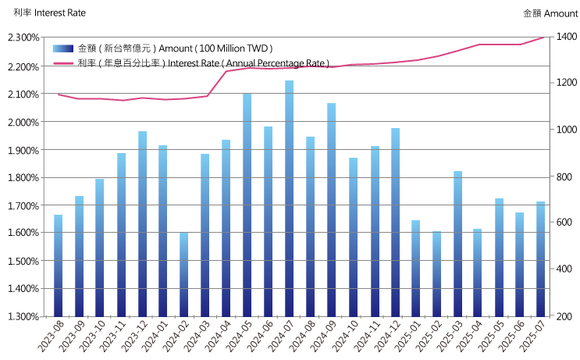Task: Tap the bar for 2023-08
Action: click(58, 266)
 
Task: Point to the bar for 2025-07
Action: click(541, 258)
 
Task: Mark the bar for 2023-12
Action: click(142, 223)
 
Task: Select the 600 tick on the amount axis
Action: click(564, 223)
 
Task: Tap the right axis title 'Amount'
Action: click(560, 13)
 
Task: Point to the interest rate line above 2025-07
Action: click(541, 37)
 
